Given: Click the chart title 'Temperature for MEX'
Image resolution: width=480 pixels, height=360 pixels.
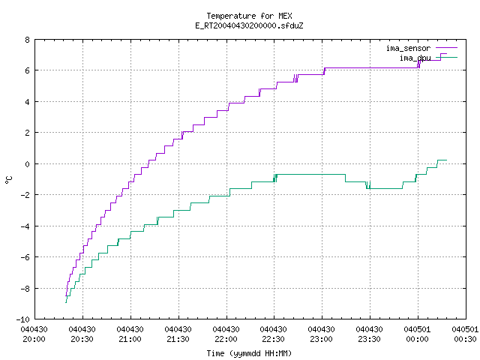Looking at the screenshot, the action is tap(249, 16).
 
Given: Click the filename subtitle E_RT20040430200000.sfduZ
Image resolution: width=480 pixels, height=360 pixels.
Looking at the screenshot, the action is tap(249, 25).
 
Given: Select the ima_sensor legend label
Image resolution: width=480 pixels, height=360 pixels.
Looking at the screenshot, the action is tap(408, 48).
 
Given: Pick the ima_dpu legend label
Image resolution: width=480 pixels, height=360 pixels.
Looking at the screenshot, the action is tap(415, 58).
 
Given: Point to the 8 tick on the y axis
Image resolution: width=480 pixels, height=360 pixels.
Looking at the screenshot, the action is tap(28, 40).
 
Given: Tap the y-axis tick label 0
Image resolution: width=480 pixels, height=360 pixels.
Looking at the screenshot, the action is tap(28, 164).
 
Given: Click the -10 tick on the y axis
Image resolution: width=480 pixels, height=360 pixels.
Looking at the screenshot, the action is tap(23, 319).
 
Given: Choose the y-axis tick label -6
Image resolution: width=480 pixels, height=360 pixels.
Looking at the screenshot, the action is tap(25, 257).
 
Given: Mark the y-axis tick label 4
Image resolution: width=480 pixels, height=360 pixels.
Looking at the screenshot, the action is tap(28, 102).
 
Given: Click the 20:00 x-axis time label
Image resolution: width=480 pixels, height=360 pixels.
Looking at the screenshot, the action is tap(34, 339).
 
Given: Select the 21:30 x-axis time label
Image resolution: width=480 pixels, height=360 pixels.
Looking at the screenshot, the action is tap(178, 339).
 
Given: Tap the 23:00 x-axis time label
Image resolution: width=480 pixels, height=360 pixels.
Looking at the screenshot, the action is tap(321, 339).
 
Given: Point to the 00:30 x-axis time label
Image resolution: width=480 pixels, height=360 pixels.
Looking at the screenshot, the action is tap(465, 339).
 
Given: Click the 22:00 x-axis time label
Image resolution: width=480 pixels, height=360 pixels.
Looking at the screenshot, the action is tap(226, 339).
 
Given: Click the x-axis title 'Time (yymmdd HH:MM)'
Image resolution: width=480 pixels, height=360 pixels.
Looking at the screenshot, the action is tap(249, 353).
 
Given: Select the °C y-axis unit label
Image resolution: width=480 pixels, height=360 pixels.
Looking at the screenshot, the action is tap(8, 180).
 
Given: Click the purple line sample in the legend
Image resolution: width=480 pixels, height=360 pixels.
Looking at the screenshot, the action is tap(447, 48).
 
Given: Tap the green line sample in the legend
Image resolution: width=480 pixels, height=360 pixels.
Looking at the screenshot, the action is tap(447, 57).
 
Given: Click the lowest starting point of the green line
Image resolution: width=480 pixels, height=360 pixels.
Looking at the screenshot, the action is tap(66, 303).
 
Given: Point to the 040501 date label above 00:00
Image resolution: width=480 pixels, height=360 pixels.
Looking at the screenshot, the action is tap(417, 329).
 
